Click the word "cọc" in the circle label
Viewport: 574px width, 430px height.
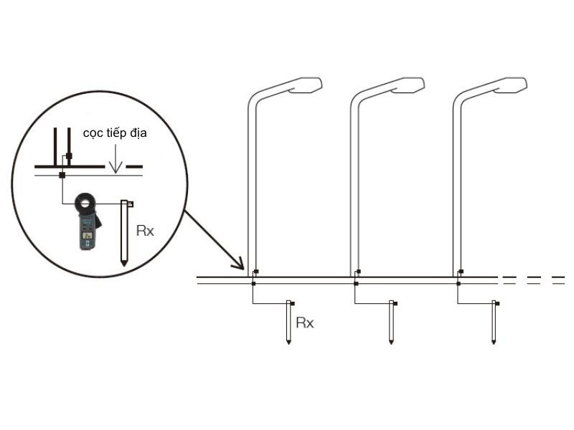[93, 133]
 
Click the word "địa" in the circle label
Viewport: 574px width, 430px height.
[137, 133]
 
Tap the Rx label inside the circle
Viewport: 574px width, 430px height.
[145, 231]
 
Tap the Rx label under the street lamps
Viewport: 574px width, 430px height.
[305, 323]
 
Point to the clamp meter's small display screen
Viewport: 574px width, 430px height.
[87, 236]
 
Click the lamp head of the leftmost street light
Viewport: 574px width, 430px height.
[306, 85]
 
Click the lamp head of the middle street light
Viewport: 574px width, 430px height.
[408, 85]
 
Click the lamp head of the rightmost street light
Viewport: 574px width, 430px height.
[511, 85]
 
